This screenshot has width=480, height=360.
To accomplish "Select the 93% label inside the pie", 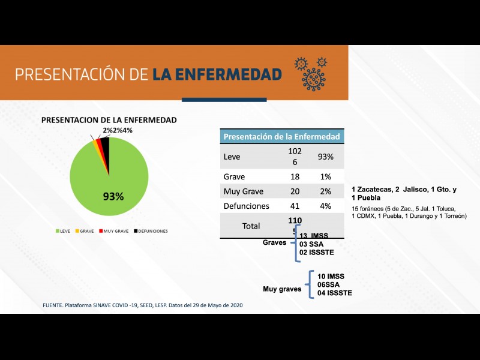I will [x=113, y=196].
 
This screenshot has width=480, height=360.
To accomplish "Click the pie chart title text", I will [x=109, y=120].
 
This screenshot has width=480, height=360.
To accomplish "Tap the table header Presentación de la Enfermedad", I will [x=281, y=136].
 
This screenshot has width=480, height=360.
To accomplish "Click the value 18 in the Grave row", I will [x=295, y=177].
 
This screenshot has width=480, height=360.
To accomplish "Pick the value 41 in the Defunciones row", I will [x=295, y=206].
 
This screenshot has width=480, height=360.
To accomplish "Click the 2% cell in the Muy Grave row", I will [x=325, y=191].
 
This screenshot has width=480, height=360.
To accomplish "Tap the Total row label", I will [x=250, y=226].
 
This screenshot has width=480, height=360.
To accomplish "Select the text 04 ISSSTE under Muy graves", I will [x=335, y=293].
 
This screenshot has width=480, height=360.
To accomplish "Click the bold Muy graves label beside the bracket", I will [x=282, y=289].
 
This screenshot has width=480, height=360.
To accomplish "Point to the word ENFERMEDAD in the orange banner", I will [x=217, y=74].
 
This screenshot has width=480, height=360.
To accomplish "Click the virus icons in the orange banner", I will [x=311, y=73].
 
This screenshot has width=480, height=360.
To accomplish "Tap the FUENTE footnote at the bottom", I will [x=143, y=305].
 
